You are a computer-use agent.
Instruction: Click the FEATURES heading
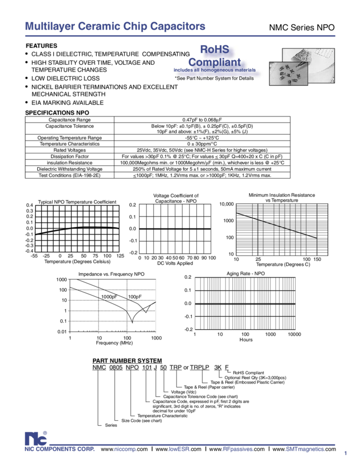coord(41,45)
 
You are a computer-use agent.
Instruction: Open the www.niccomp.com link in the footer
coord(124,449)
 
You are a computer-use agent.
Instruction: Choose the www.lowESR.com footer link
coord(171,449)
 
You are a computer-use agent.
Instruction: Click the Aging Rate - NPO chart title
coord(246,273)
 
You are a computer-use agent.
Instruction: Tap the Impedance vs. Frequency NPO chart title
coord(112,274)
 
